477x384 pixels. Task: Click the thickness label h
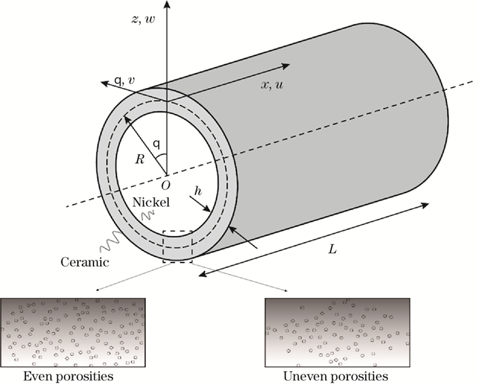click(x=197, y=192)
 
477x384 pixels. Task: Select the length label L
click(x=331, y=250)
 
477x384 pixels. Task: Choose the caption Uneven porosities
click(x=337, y=376)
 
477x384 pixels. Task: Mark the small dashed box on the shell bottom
click(x=178, y=246)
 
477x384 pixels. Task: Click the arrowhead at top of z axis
click(x=168, y=5)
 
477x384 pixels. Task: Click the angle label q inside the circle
click(x=156, y=144)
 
